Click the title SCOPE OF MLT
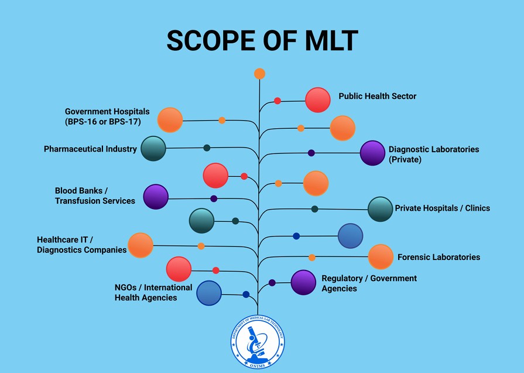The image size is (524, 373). pyautogui.click(x=262, y=41)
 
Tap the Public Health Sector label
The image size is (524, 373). pyautogui.click(x=377, y=96)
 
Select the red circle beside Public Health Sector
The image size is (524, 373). pyautogui.click(x=318, y=100)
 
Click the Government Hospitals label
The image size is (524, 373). pyautogui.click(x=107, y=117)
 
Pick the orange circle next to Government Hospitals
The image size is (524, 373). pyautogui.click(x=170, y=120)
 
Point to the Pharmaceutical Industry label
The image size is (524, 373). pyautogui.click(x=90, y=149)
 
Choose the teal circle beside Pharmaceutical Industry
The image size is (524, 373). pyautogui.click(x=153, y=148)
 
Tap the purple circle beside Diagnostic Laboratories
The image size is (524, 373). pyautogui.click(x=372, y=153)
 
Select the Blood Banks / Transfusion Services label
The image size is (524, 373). pyautogui.click(x=95, y=196)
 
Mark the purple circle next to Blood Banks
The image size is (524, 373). pyautogui.click(x=156, y=197)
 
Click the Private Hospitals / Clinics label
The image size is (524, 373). pyautogui.click(x=442, y=208)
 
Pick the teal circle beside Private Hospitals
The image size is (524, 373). pyautogui.click(x=381, y=209)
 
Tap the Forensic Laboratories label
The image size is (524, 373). pyautogui.click(x=439, y=257)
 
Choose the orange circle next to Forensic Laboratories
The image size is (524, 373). pyautogui.click(x=381, y=257)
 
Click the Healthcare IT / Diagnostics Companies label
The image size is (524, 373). pyautogui.click(x=81, y=245)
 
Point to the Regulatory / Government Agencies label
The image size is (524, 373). pyautogui.click(x=369, y=283)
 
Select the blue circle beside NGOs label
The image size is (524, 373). pyautogui.click(x=209, y=293)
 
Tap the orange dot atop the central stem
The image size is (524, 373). pyautogui.click(x=260, y=74)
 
